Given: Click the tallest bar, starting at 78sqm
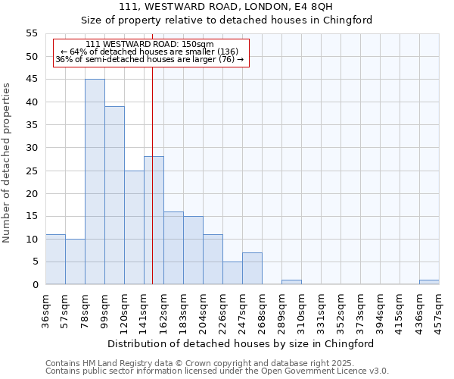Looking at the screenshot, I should (95, 182).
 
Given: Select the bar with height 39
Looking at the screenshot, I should (114, 196).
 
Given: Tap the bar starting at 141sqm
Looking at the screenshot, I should (154, 221).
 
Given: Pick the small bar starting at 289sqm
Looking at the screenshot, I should (291, 282).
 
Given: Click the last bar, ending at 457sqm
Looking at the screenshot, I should (429, 282).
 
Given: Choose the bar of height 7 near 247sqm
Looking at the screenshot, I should (252, 268).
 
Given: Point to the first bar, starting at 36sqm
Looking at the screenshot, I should (55, 259).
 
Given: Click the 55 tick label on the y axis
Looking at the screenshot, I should (32, 34).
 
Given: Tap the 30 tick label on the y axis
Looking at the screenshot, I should (32, 148).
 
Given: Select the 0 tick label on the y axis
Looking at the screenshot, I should (35, 285).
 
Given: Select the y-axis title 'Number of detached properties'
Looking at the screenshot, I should (8, 163).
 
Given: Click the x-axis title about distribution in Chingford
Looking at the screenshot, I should (241, 343).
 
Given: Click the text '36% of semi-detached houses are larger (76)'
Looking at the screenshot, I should (150, 60).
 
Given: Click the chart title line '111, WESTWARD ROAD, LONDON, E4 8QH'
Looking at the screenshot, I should (226, 7).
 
